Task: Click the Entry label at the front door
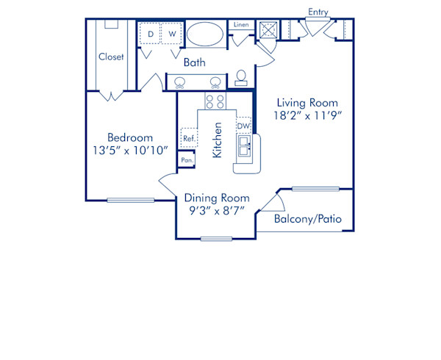tap(318, 12)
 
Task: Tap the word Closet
tap(111, 57)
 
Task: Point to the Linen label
tap(241, 25)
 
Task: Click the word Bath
tap(195, 62)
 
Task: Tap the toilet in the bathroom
tap(241, 79)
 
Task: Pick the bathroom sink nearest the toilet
tap(216, 82)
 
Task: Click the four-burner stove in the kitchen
tap(215, 101)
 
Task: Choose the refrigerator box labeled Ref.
tap(188, 137)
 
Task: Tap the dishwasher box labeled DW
tap(243, 126)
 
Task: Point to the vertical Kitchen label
tap(218, 140)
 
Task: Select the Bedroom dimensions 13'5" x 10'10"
tap(130, 151)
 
